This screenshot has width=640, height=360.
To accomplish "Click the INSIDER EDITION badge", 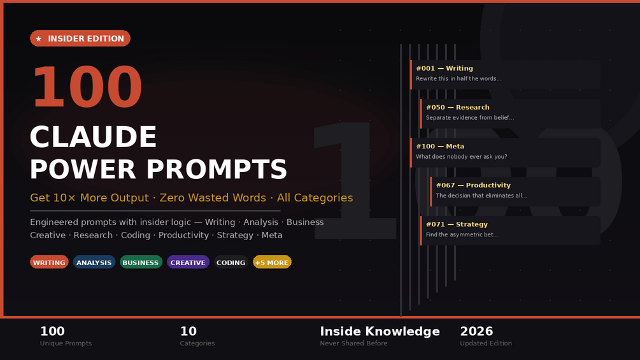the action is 80,38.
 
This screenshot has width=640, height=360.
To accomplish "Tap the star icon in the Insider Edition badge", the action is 39,39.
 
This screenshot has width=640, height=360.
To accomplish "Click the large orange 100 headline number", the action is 87,87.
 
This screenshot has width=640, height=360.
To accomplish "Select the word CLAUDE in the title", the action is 93,137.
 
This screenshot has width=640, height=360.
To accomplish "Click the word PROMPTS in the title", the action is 217,169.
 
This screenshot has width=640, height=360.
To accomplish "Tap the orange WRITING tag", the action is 49,262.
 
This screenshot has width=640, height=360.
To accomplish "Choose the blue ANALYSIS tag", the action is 94,262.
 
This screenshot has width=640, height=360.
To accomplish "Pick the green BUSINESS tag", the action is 141,262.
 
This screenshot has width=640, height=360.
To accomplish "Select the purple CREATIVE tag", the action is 188,262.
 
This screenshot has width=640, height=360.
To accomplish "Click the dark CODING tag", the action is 231,262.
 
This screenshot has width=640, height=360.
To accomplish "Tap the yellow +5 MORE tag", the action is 272,262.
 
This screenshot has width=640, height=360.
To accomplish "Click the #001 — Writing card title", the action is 444,68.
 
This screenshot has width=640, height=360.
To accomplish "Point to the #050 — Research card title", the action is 457,107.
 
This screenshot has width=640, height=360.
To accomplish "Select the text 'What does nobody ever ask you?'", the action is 462,157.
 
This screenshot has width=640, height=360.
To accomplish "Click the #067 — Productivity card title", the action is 473,185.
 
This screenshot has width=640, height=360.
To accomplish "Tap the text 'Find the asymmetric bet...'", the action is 462,234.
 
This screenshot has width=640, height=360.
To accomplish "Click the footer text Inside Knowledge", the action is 380,331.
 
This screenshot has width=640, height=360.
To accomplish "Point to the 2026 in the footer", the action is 476,331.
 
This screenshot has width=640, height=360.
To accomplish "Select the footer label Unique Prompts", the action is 66,343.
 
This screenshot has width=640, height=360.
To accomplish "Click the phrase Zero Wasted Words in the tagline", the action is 213,198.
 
